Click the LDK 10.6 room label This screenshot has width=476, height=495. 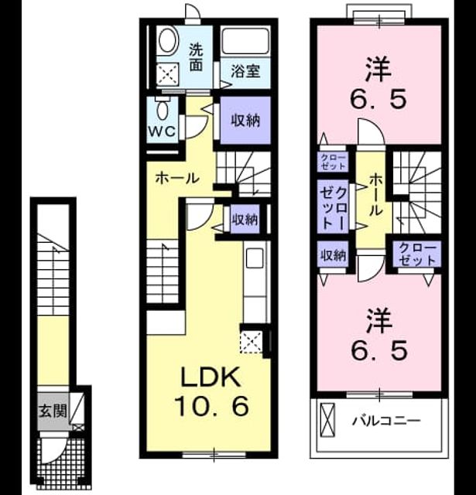click(211, 392)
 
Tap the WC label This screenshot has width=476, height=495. click(162, 131)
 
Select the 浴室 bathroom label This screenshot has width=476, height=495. click(245, 71)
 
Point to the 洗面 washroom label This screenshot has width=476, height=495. click(196, 57)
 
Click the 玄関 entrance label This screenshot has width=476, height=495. click(53, 411)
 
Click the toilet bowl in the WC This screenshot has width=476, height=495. click(163, 108)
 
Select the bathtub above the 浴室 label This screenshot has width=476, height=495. click(245, 41)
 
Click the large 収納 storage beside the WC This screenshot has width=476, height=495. click(245, 121)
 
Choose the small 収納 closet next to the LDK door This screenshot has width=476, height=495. click(245, 219)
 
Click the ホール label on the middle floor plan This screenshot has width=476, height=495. click(177, 179)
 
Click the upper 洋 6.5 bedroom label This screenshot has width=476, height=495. click(378, 83)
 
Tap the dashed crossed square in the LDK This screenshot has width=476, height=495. click(251, 342)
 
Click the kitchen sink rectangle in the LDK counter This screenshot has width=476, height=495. click(255, 258)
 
